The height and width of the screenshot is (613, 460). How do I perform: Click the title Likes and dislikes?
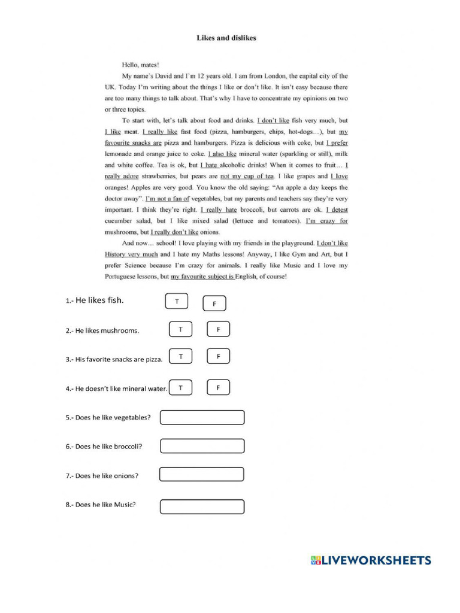[226, 38]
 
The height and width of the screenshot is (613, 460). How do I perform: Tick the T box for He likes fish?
[177, 302]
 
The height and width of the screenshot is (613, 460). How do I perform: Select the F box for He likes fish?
[214, 304]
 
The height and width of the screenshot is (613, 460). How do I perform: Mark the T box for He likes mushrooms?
[180, 329]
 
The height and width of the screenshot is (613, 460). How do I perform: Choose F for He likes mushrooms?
[219, 329]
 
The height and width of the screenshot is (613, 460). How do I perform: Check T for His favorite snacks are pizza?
[180, 357]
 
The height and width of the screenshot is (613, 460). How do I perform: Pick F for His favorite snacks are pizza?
[219, 357]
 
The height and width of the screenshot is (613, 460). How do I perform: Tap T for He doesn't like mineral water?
[180, 388]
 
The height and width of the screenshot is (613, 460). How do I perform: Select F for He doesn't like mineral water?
[219, 388]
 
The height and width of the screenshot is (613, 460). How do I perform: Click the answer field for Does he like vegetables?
[202, 417]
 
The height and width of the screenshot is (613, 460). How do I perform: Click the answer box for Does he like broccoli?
[202, 446]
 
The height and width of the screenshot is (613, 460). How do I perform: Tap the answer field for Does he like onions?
[202, 475]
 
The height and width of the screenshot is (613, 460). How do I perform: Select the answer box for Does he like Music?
[202, 506]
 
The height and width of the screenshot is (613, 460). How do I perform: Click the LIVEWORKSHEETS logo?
[371, 560]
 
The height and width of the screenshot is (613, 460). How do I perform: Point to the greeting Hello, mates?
[141, 65]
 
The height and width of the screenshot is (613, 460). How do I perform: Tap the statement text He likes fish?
[95, 301]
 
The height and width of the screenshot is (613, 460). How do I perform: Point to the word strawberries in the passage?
[159, 177]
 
